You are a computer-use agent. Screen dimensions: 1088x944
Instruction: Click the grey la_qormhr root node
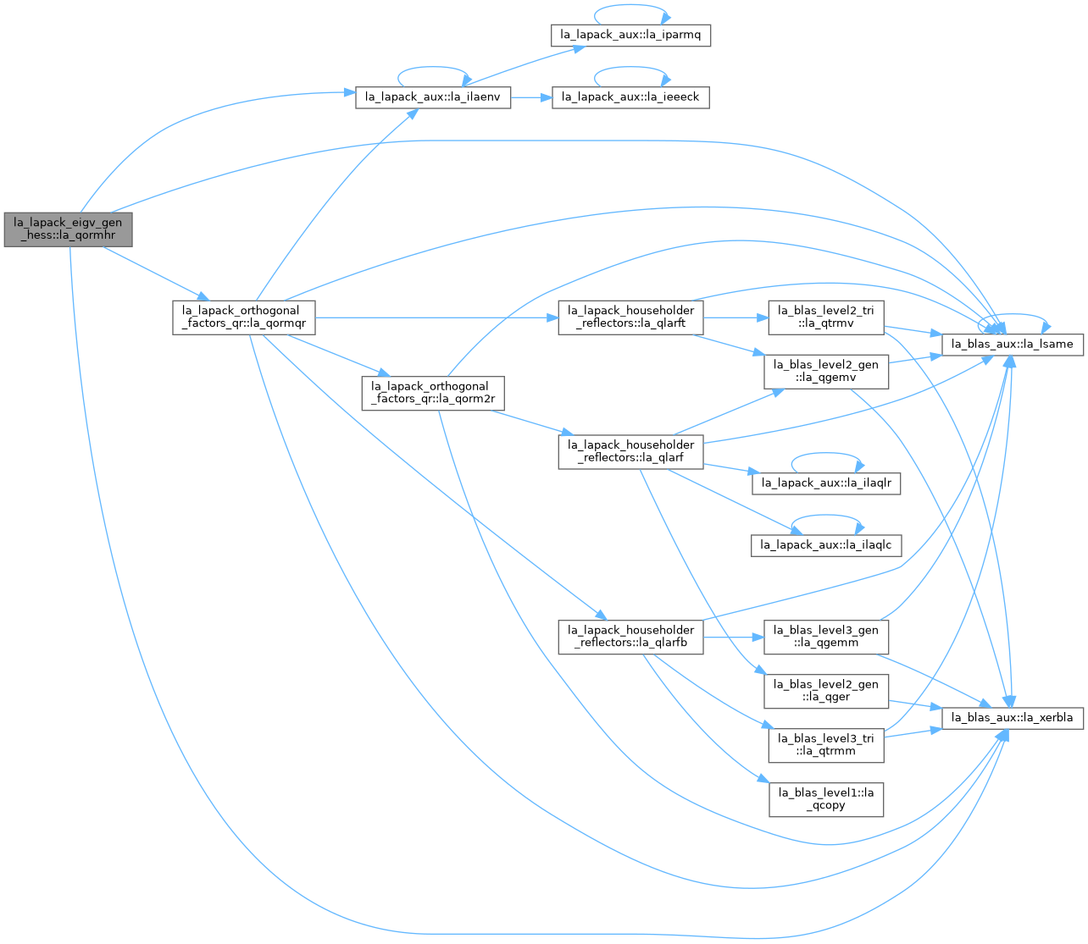tap(68, 229)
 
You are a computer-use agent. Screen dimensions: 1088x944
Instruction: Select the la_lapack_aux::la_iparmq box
tap(630, 35)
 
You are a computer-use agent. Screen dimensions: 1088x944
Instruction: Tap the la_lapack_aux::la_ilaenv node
tap(433, 97)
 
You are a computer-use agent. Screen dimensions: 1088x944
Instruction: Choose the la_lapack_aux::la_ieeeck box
tap(630, 97)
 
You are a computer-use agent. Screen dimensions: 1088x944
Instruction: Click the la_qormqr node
tap(243, 317)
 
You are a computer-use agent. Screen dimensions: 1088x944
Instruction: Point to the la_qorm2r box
tap(433, 393)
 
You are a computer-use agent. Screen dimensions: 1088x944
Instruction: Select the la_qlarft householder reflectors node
tap(630, 317)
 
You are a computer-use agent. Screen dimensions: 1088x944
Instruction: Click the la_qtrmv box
tap(826, 317)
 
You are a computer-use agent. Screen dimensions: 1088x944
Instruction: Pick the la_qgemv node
tap(826, 372)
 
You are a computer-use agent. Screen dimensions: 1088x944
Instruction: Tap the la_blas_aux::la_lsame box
tap(1012, 345)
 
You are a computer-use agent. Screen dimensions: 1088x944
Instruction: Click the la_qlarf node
tap(630, 452)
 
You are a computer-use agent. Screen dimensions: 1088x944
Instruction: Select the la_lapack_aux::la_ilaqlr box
tap(826, 483)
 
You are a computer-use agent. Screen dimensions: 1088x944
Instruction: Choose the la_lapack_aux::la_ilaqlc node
tap(826, 545)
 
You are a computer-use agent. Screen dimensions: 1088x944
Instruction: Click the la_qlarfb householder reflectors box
tap(630, 637)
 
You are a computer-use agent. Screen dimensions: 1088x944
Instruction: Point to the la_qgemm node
tap(826, 637)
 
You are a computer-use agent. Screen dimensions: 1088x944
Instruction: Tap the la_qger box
tap(826, 691)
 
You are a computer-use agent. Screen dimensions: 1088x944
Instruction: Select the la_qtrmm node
tap(826, 745)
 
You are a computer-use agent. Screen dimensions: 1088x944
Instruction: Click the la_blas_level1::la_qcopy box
tap(826, 799)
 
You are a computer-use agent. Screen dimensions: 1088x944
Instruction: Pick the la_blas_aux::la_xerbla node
tap(1012, 718)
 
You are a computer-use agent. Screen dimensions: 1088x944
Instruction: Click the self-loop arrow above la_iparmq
tap(630, 5)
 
